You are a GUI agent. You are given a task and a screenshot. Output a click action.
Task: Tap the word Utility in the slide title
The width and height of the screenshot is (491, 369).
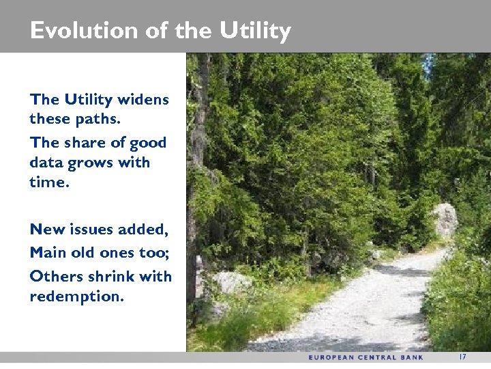click(255, 31)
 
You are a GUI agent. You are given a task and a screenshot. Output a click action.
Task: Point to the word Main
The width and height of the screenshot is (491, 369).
click(47, 252)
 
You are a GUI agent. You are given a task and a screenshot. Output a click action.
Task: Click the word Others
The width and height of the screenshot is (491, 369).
click(53, 276)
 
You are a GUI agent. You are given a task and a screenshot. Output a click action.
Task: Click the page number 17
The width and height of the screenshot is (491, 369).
click(462, 357)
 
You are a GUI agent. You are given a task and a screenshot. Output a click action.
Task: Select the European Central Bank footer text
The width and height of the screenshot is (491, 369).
click(366, 357)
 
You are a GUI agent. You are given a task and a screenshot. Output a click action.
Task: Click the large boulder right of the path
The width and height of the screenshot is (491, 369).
click(445, 220)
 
